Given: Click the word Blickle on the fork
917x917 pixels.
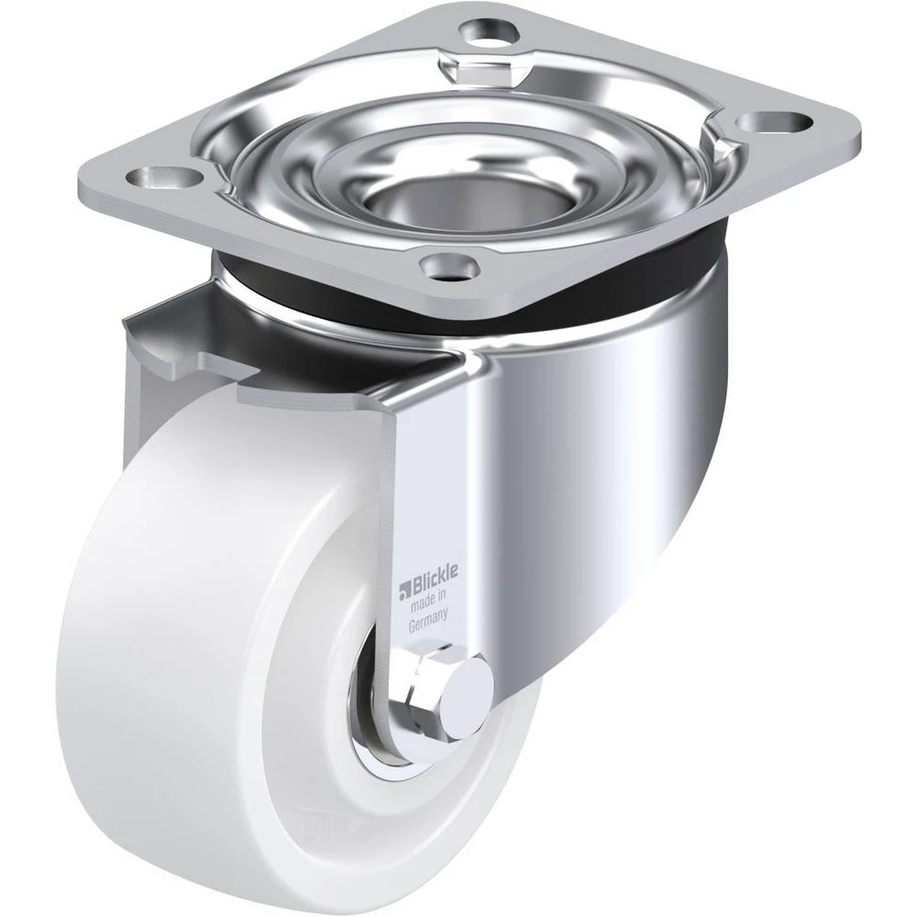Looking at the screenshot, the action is click(436, 582).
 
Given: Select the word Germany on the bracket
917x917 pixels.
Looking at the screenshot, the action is click(428, 620).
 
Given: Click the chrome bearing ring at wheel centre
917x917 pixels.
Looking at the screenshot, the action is click(374, 719).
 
